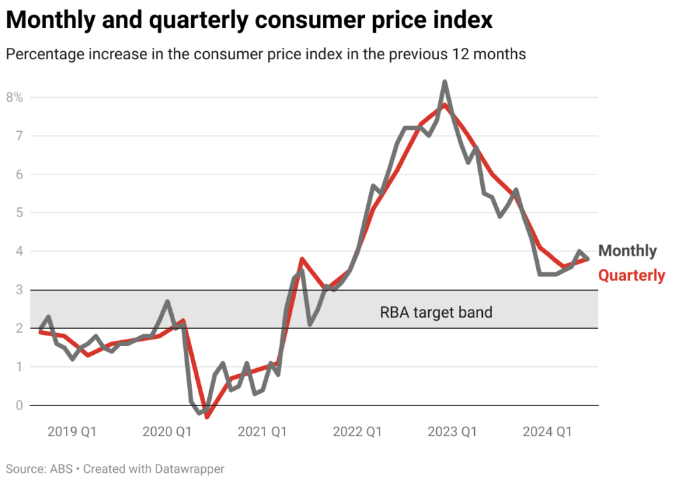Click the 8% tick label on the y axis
pyautogui.click(x=15, y=97)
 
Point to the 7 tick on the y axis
pyautogui.click(x=19, y=136)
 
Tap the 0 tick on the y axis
pyautogui.click(x=19, y=405)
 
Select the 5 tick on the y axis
pyautogui.click(x=19, y=213)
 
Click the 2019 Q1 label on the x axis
pyautogui.click(x=72, y=432)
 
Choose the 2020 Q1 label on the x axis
pyautogui.click(x=167, y=432)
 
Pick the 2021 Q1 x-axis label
pyautogui.click(x=262, y=432)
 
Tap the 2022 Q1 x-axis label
pyautogui.click(x=358, y=432)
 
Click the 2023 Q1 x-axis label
pyautogui.click(x=453, y=432)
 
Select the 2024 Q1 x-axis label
pyautogui.click(x=548, y=432)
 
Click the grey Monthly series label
pyautogui.click(x=627, y=251)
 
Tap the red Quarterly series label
pyautogui.click(x=631, y=275)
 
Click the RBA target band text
pyautogui.click(x=436, y=312)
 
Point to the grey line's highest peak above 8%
pyautogui.click(x=445, y=82)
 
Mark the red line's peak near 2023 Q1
pyautogui.click(x=444, y=105)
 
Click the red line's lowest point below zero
pyautogui.click(x=207, y=417)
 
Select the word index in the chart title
pyautogui.click(x=466, y=20)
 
